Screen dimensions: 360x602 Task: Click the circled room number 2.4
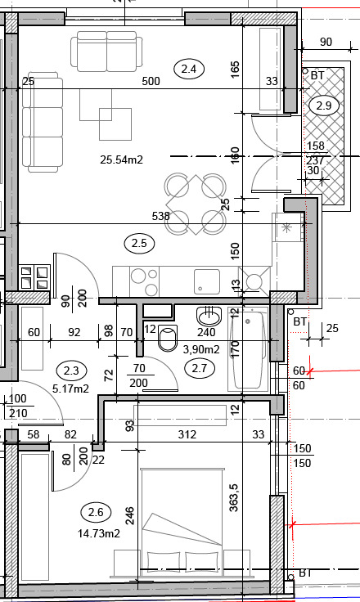tap(189, 69)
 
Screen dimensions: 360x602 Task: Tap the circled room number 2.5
tap(139, 243)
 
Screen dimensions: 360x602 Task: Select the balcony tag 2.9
tap(324, 106)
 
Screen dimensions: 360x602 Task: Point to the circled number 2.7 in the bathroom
tap(200, 369)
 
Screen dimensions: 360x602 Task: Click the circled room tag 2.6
tap(96, 512)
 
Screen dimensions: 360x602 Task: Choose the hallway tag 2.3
tap(71, 371)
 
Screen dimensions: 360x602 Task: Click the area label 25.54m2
tap(121, 159)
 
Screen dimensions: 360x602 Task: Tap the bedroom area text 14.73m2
tap(99, 533)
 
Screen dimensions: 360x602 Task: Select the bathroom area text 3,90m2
tap(201, 349)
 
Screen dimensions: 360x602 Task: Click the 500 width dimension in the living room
tap(151, 81)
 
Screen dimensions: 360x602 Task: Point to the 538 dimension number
tap(160, 216)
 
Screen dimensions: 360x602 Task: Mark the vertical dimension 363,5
tap(234, 498)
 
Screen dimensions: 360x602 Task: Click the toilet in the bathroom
tap(168, 337)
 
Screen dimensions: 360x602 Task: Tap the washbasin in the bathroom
tap(209, 316)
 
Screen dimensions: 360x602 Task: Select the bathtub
tap(248, 349)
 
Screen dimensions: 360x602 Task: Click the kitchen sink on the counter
tap(207, 281)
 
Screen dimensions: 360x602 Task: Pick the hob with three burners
tap(145, 281)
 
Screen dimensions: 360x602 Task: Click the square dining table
tap(196, 204)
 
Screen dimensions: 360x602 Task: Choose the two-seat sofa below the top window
tap(107, 52)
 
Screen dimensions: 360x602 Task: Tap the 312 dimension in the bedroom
tap(187, 434)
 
